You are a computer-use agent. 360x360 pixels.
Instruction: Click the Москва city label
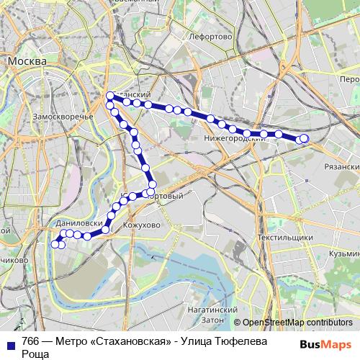[x=27, y=62]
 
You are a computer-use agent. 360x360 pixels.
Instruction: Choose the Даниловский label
[x=77, y=224]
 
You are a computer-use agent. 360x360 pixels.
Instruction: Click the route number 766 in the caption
[x=30, y=341]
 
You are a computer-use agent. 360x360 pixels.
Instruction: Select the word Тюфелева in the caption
[x=223, y=341]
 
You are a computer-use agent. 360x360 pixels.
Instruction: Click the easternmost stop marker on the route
[x=304, y=138]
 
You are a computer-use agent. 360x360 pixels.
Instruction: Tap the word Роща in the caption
[x=35, y=354]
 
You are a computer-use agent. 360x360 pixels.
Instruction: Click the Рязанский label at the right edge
[x=341, y=166]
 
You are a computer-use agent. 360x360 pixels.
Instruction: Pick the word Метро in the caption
[x=67, y=341]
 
